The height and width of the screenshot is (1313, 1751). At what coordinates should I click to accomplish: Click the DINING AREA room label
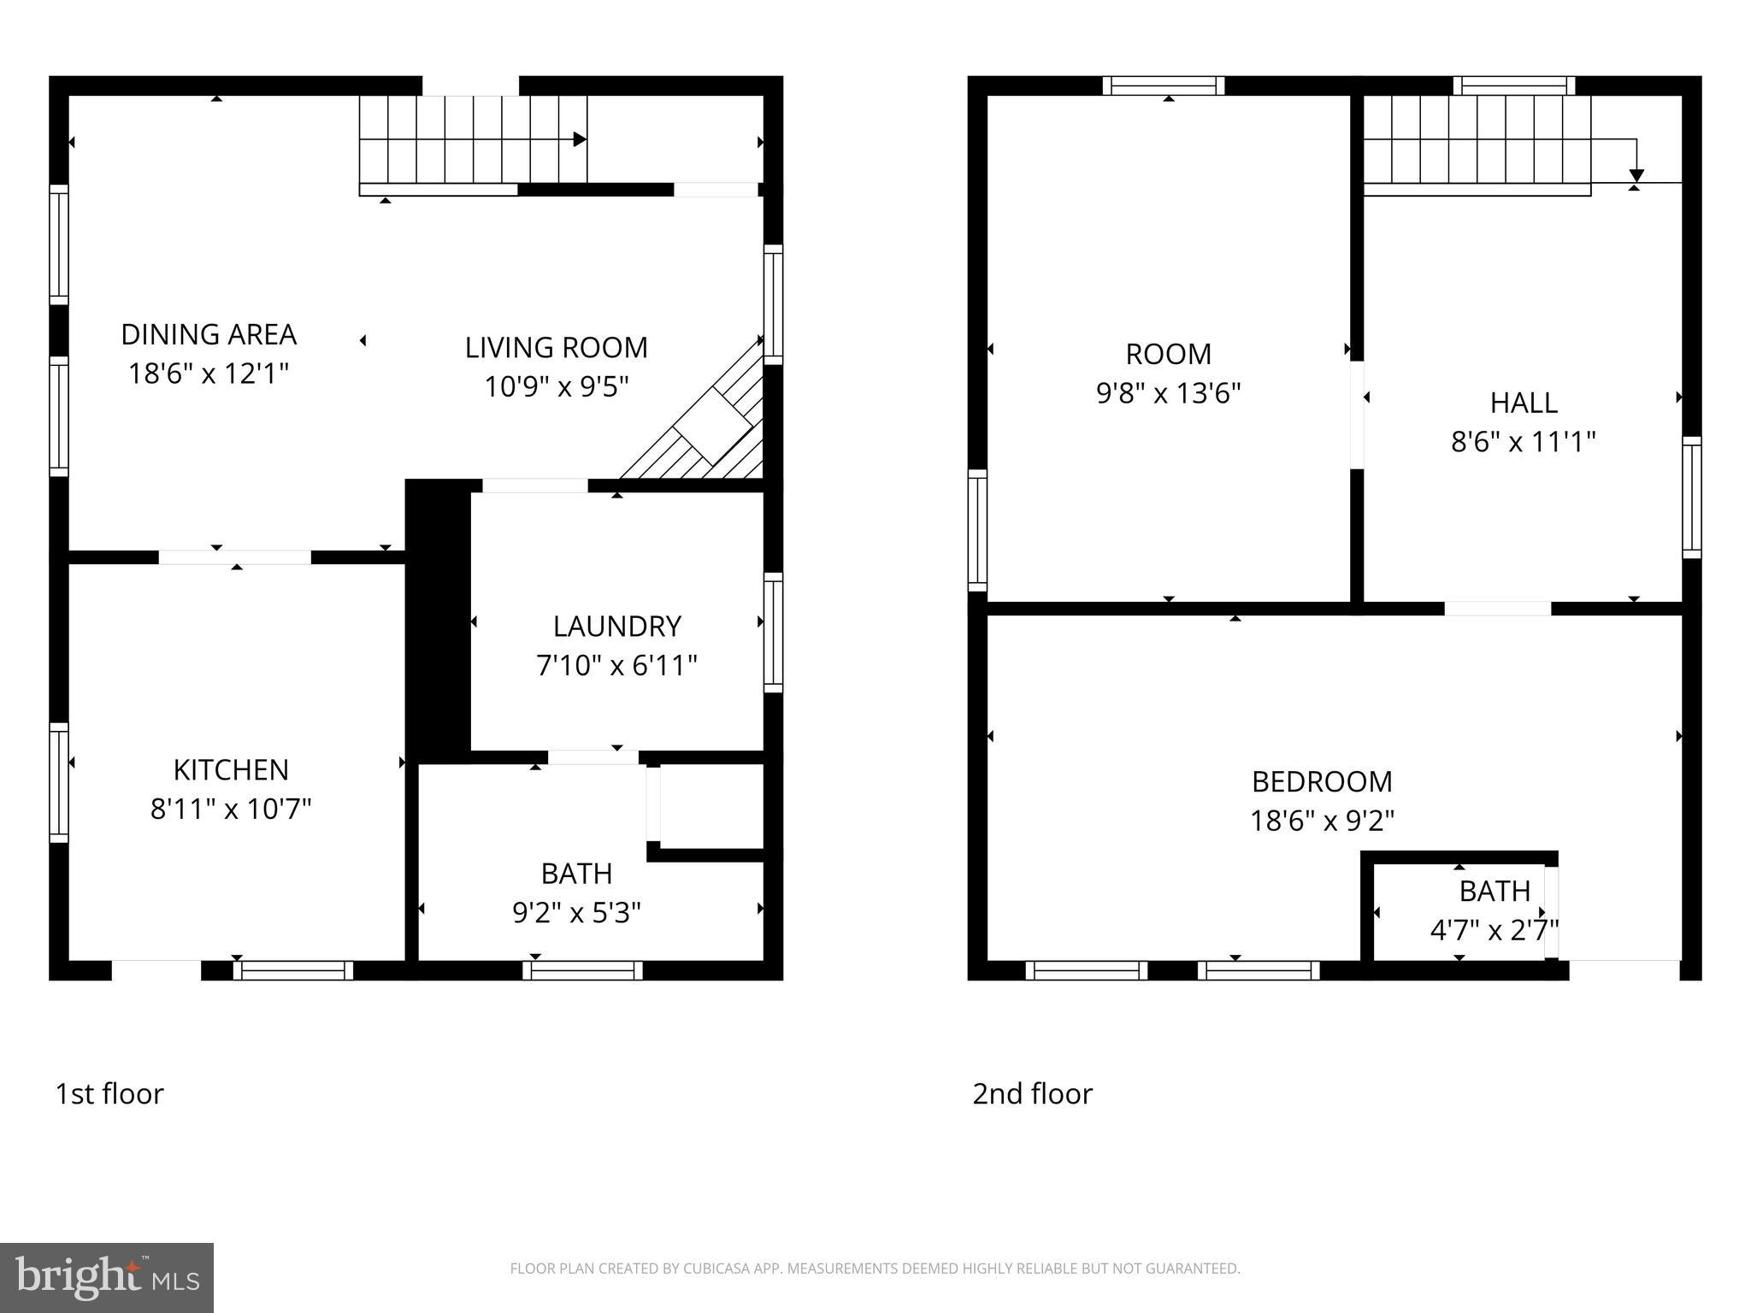(x=209, y=334)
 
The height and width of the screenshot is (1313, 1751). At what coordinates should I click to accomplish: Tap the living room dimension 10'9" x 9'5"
(x=557, y=387)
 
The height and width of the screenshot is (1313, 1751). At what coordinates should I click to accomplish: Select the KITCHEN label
(x=231, y=770)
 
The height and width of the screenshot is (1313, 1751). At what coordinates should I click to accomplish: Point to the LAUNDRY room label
(x=616, y=627)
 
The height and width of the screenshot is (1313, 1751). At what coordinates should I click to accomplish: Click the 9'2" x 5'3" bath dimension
(x=576, y=913)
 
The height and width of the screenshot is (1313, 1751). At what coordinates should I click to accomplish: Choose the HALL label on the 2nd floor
(x=1523, y=403)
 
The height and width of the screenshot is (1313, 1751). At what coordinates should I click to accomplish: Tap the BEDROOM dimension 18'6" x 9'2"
(x=1322, y=821)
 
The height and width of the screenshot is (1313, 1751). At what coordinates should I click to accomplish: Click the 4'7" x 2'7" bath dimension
(x=1494, y=929)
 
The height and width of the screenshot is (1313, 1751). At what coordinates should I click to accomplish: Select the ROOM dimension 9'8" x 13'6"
(x=1168, y=393)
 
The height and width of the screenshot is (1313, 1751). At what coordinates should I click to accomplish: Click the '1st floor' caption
(x=109, y=1093)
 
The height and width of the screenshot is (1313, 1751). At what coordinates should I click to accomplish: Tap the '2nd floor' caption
(x=1032, y=1093)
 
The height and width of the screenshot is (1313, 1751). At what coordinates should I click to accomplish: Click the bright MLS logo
(x=107, y=1277)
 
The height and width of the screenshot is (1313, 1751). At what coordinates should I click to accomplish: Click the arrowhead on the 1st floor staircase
(x=580, y=139)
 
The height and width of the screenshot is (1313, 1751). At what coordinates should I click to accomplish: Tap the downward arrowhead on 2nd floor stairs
(x=1636, y=175)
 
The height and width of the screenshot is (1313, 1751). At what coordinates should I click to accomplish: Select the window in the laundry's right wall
(x=773, y=633)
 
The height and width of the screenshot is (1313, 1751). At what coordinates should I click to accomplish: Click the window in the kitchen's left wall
(x=58, y=782)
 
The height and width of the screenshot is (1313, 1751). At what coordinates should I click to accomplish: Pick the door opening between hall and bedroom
(x=1497, y=609)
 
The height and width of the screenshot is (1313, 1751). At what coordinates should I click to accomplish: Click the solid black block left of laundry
(x=437, y=620)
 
